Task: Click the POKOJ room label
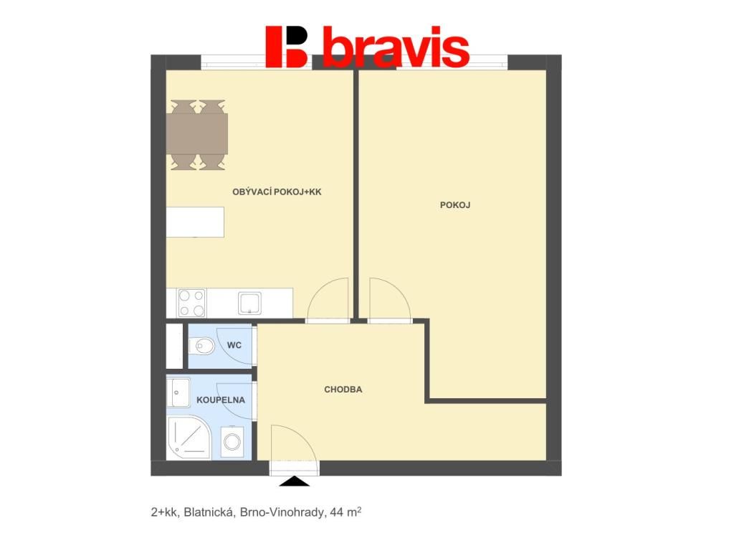click(x=455, y=204)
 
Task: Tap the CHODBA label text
click(x=343, y=390)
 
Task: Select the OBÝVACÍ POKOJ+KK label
click(x=277, y=192)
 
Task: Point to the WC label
click(x=234, y=345)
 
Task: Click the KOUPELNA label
click(x=221, y=400)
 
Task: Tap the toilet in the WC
click(x=201, y=347)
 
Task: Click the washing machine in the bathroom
click(x=232, y=441)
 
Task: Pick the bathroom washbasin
click(x=178, y=392)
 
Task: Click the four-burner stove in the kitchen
click(x=192, y=303)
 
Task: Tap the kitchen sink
click(x=249, y=303)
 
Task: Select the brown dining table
click(x=197, y=134)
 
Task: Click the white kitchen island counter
click(x=195, y=222)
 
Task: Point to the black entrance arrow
click(x=295, y=481)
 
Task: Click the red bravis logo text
click(x=396, y=47)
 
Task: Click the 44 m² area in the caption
click(x=345, y=512)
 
